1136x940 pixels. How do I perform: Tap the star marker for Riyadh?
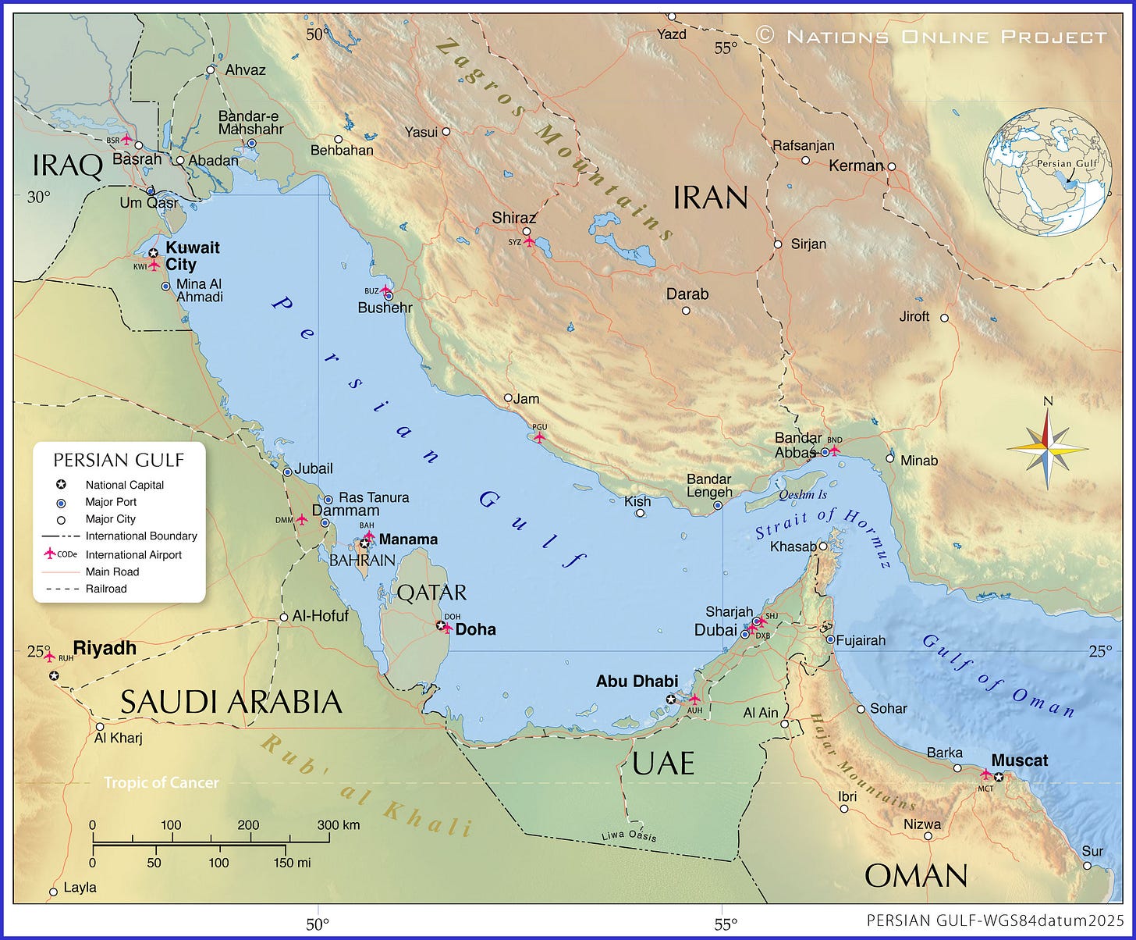(x=54, y=676)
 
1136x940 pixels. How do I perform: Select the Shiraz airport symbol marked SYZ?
(x=530, y=241)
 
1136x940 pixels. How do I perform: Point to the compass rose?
(x=1047, y=448)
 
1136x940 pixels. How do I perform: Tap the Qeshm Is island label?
(x=802, y=495)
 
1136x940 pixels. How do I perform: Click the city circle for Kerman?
(x=891, y=166)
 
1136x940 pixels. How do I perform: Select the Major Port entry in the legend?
(x=110, y=502)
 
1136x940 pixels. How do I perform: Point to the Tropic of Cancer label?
(x=162, y=782)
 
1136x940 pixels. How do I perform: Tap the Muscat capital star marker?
(x=999, y=776)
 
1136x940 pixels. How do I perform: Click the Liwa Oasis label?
(x=629, y=835)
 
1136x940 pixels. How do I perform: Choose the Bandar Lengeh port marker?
(x=718, y=505)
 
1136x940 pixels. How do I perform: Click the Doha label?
(x=475, y=629)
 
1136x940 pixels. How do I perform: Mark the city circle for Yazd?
(x=671, y=16)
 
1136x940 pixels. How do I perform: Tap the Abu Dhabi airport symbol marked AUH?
(x=694, y=700)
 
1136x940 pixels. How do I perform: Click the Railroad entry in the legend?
(x=105, y=589)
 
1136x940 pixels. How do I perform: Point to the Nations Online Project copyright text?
(x=932, y=36)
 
